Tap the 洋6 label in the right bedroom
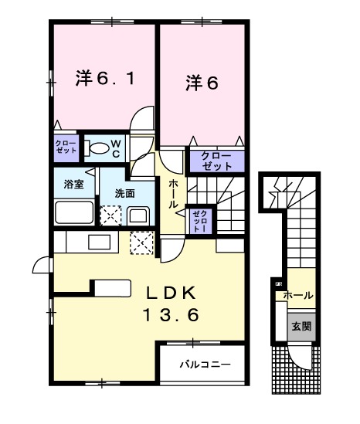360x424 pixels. [202, 82]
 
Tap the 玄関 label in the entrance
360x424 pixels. [301, 327]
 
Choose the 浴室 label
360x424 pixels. [73, 185]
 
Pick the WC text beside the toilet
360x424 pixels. [114, 148]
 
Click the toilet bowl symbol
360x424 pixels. [97, 147]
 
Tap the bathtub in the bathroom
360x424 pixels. [74, 212]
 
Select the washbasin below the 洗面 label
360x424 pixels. [139, 215]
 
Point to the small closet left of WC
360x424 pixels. [66, 146]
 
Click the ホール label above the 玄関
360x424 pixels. [297, 296]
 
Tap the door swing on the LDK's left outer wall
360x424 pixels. [42, 266]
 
